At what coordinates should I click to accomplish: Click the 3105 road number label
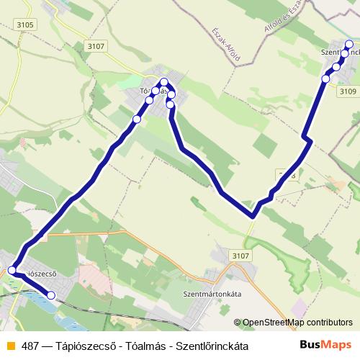[x=24, y=25]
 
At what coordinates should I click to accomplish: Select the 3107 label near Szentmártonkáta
[x=242, y=255]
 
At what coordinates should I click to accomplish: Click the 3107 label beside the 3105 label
[x=94, y=47]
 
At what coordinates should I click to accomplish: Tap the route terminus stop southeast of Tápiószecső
[x=51, y=295]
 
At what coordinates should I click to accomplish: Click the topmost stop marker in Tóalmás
[x=164, y=81]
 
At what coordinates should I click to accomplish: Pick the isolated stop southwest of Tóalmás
[x=137, y=119]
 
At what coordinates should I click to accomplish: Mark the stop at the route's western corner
[x=12, y=271]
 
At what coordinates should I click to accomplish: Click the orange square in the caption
[x=9, y=346]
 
